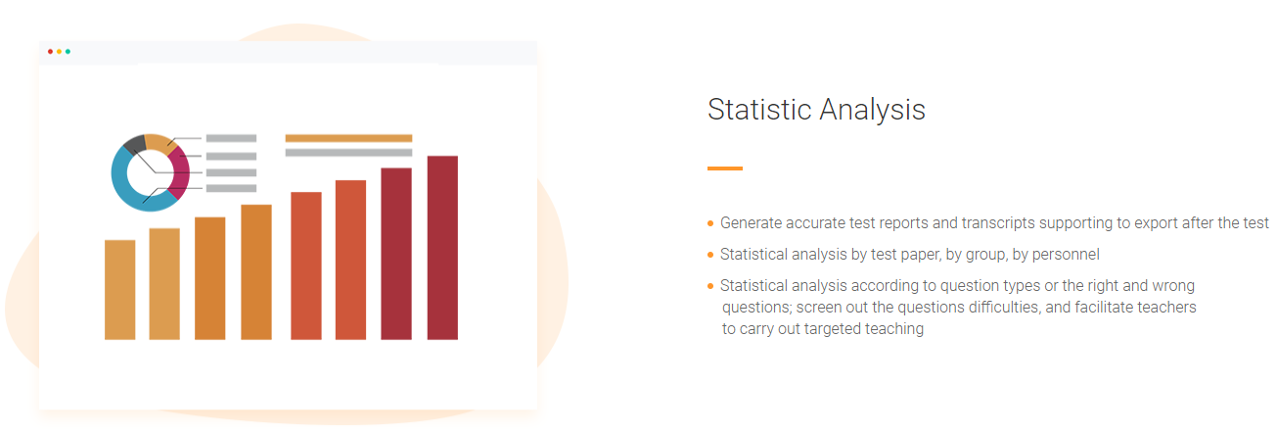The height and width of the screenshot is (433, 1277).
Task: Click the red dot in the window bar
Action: [x=50, y=51]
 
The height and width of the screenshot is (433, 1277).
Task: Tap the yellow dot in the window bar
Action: [x=59, y=51]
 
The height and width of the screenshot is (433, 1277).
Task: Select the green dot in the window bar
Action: [x=68, y=51]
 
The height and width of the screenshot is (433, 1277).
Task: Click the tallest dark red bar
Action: [x=442, y=248]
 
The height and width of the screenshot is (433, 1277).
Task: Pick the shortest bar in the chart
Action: [x=119, y=290]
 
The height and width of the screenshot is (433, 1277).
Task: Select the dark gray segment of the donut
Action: [x=136, y=143]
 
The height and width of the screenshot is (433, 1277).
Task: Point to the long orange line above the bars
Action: [x=349, y=138]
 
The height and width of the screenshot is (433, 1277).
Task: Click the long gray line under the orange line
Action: [x=349, y=152]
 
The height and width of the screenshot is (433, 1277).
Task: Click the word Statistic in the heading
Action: [x=759, y=110]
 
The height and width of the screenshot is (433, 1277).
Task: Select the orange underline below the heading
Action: [x=724, y=168]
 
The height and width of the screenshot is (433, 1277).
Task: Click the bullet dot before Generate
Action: [x=710, y=223]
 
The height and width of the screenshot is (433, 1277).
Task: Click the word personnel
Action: [x=1066, y=255]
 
